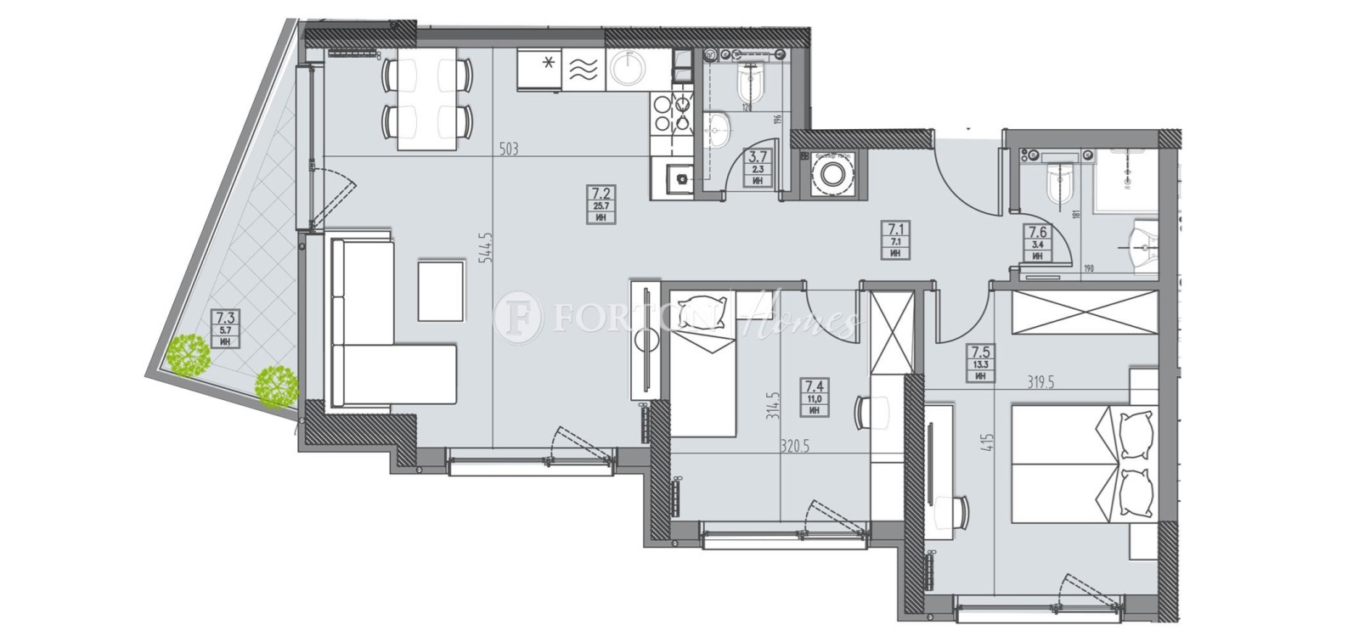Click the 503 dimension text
click(508, 149)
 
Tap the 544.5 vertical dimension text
click(487, 247)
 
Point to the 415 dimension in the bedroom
click(986, 442)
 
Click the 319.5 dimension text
click(1040, 382)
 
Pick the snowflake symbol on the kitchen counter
click(550, 62)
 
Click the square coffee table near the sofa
click(441, 291)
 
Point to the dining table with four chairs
click(426, 99)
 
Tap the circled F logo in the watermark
click(518, 318)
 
